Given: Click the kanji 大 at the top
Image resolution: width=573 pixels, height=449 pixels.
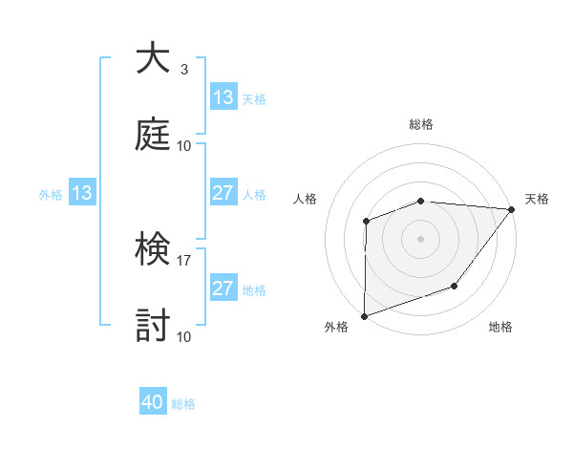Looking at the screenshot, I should [152, 59].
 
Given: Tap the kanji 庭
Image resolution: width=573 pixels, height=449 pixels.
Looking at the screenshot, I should [152, 135].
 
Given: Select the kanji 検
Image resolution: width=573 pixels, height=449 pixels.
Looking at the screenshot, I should [152, 250].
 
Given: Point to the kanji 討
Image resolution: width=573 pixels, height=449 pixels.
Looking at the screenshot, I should [152, 326].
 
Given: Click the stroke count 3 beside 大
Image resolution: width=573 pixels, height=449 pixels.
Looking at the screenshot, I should [184, 70].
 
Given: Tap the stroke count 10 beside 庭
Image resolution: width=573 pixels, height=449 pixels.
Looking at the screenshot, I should [184, 145].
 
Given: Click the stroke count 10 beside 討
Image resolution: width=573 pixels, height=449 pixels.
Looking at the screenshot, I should [184, 336].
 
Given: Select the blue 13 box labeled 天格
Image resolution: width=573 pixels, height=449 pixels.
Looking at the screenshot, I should [223, 97].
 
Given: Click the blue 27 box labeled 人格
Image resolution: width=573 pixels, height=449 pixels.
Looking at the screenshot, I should [223, 193].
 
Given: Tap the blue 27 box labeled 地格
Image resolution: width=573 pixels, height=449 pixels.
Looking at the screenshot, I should [223, 289].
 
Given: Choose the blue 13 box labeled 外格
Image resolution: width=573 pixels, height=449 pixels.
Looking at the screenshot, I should [82, 193].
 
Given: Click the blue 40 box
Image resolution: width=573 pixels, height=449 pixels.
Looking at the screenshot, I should [153, 402].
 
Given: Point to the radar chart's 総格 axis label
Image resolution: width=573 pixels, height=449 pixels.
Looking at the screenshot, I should [421, 125].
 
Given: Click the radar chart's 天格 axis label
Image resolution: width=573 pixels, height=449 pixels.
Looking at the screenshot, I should [537, 199].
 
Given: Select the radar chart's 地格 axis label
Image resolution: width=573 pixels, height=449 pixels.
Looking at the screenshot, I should [500, 327].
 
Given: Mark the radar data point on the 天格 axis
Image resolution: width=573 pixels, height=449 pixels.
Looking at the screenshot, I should [512, 208].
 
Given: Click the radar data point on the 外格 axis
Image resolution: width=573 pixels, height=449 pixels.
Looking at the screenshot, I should [364, 315].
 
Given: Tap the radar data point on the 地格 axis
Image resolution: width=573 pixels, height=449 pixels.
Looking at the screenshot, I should [456, 286].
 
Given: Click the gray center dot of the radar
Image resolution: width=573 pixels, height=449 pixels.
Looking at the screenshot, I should [420, 238].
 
